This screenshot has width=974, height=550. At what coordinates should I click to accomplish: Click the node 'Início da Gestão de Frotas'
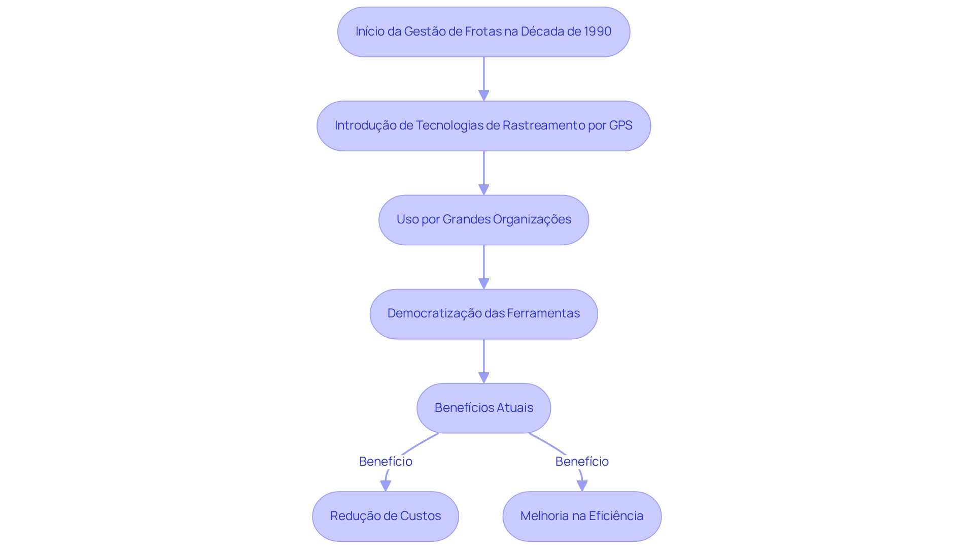point(483,32)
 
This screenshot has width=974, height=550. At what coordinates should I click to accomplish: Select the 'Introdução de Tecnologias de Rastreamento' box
point(483,126)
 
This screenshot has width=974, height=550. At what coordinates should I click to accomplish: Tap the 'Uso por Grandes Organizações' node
point(483,220)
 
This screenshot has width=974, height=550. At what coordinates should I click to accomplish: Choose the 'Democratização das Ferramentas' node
point(483,314)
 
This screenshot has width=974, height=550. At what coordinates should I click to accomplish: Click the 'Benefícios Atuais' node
point(483,408)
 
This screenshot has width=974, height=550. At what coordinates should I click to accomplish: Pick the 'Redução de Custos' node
point(386,516)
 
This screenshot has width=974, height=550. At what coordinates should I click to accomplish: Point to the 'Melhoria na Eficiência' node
point(582,516)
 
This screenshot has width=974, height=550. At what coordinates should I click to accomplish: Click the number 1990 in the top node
point(598,31)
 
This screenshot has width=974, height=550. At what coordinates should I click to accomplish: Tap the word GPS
point(620,125)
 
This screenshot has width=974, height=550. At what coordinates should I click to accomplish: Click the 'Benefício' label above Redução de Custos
point(386,462)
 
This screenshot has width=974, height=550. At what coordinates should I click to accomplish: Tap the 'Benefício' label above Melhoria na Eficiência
point(582,462)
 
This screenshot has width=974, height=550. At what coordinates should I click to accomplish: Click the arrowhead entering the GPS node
point(483,95)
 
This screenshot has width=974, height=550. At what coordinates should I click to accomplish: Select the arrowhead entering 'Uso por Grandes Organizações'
point(483,189)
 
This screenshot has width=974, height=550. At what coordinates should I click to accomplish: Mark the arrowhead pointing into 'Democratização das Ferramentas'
point(483,283)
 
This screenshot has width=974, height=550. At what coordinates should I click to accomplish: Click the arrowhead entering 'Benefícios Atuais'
point(483,377)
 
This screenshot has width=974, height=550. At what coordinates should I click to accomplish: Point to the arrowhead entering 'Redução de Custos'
point(386,486)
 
